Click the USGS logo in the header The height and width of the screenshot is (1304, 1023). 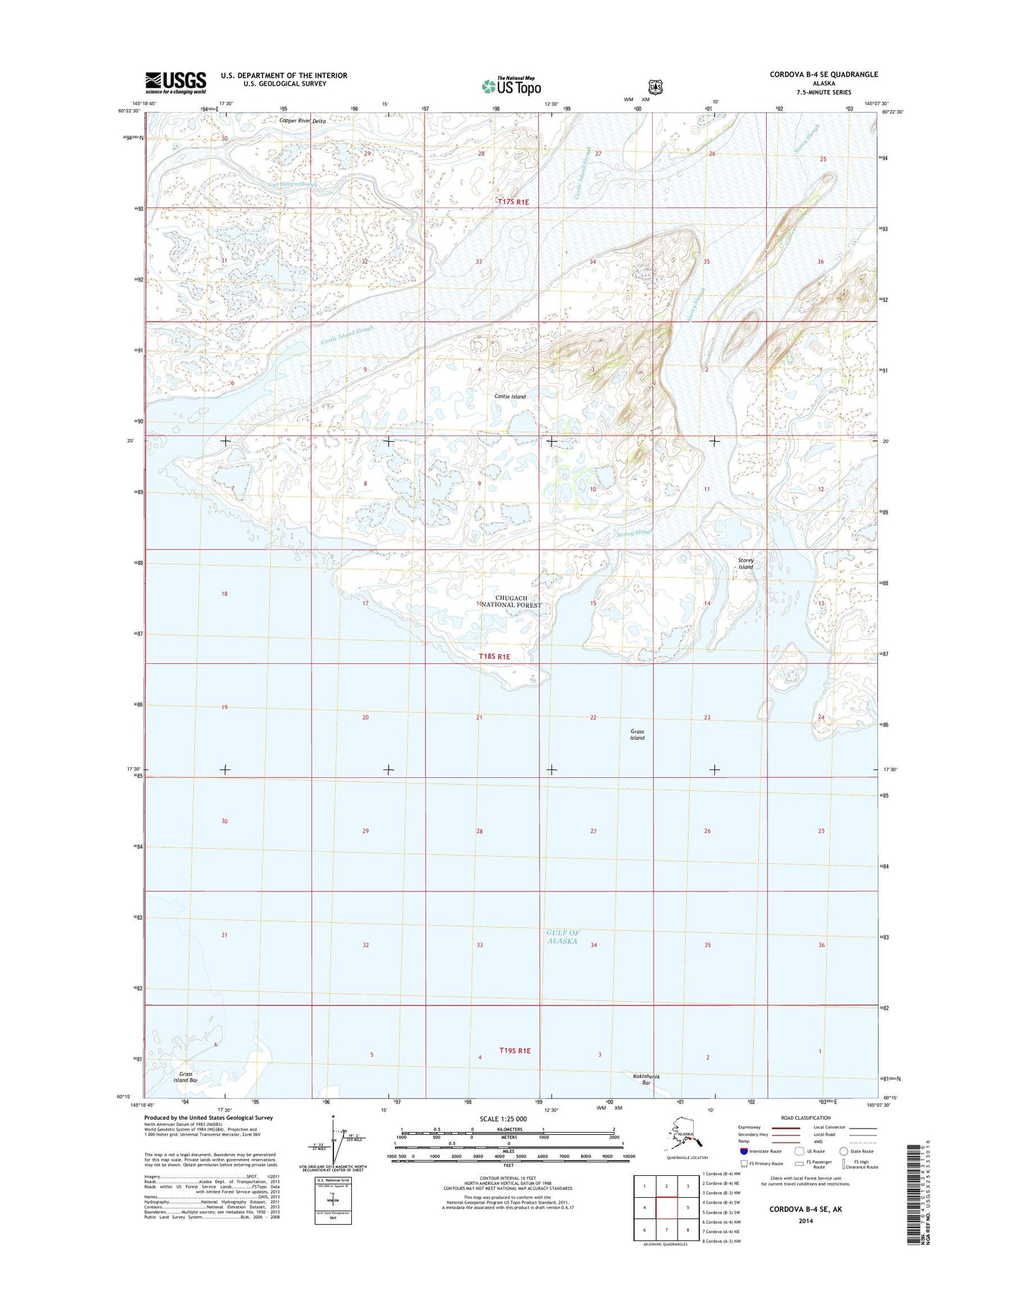176,82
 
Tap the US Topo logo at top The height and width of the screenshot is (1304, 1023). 511,86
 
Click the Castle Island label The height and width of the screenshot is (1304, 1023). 510,396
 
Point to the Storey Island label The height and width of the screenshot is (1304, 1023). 745,564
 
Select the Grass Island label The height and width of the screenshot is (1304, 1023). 637,735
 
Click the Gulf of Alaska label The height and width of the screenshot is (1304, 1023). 563,937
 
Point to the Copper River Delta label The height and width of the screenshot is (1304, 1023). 302,121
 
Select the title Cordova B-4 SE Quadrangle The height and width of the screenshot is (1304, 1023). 823,74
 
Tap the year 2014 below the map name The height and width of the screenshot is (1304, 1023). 806,1221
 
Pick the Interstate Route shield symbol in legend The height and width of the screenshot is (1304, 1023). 744,1151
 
